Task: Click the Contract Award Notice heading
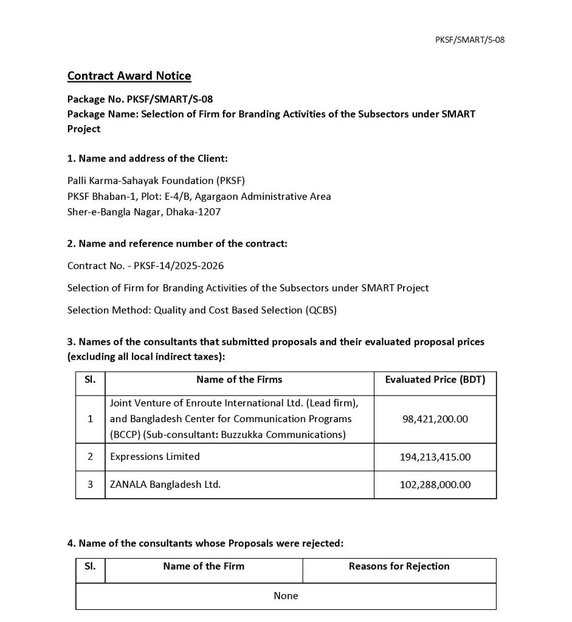click(x=129, y=76)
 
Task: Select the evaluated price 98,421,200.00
click(x=435, y=419)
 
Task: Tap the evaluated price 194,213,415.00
click(x=435, y=457)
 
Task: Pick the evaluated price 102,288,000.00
click(x=435, y=485)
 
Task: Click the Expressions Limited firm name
click(x=155, y=456)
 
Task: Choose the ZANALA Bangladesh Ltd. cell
click(x=165, y=485)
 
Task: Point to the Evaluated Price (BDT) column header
click(x=435, y=380)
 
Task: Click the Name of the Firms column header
click(x=239, y=380)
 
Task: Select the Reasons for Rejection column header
click(x=399, y=566)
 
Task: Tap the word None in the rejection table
click(x=286, y=596)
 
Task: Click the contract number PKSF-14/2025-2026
click(x=174, y=266)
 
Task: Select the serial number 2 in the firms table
click(x=90, y=456)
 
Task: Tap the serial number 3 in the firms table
click(x=90, y=485)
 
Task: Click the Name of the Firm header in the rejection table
click(x=204, y=566)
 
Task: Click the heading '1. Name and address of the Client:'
click(x=148, y=159)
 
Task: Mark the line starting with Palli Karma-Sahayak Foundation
click(x=156, y=180)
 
